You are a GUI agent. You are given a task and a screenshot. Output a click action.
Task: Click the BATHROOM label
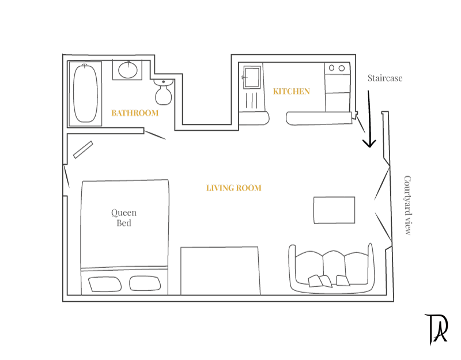pyautogui.click(x=135, y=113)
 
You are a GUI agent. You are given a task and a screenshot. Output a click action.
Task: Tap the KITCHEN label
pyautogui.click(x=292, y=92)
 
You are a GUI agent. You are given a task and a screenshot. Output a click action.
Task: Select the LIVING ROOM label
pyautogui.click(x=234, y=188)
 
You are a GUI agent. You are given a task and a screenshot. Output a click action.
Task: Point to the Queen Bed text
pyautogui.click(x=124, y=218)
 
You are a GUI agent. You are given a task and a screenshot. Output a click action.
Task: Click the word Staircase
pyautogui.click(x=385, y=78)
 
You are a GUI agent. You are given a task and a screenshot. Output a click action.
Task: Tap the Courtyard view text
pyautogui.click(x=407, y=206)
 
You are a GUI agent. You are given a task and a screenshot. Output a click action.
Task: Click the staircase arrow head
pyautogui.click(x=369, y=143)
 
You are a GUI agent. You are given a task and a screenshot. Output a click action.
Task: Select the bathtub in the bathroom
pyautogui.click(x=85, y=93)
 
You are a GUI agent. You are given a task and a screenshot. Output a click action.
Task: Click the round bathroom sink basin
pyautogui.click(x=128, y=70)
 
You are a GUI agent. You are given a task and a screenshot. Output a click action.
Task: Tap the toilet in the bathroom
pyautogui.click(x=163, y=92)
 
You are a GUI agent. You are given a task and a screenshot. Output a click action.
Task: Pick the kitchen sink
pyautogui.click(x=252, y=77)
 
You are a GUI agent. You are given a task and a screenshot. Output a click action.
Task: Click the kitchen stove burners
pyautogui.click(x=337, y=68)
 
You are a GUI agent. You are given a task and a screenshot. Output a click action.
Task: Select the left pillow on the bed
pyautogui.click(x=105, y=284)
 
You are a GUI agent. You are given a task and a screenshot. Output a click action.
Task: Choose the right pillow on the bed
pyautogui.click(x=145, y=283)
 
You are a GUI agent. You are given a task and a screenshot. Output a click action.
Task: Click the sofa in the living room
pyautogui.click(x=332, y=268)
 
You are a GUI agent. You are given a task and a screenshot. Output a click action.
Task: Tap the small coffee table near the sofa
pyautogui.click(x=334, y=210)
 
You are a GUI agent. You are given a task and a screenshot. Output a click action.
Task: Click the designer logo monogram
pyautogui.click(x=436, y=329)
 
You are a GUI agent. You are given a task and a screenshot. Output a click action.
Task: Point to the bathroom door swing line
pyautogui.click(x=155, y=135)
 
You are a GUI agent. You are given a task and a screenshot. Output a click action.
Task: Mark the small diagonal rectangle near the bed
pyautogui.click(x=83, y=150)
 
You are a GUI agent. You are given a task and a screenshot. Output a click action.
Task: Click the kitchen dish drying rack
pyautogui.click(x=252, y=100)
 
